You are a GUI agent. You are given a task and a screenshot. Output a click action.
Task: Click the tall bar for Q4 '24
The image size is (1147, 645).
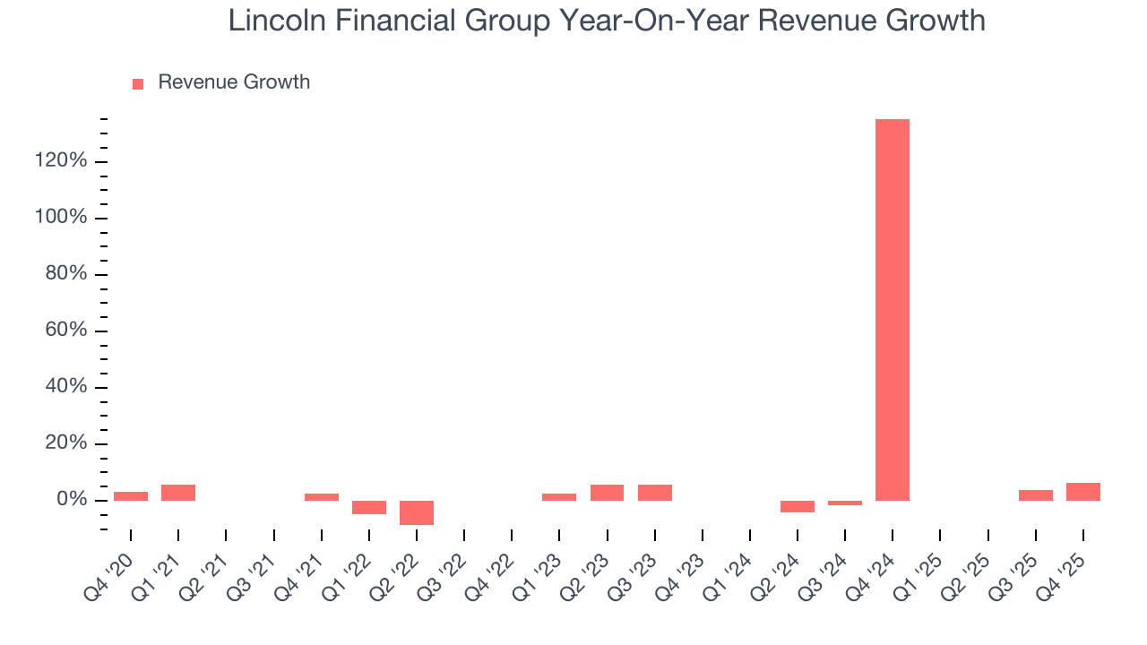(893, 309)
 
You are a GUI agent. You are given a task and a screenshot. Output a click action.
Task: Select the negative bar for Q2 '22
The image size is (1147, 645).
(417, 512)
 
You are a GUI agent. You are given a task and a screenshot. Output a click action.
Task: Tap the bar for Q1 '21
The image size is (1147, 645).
(178, 493)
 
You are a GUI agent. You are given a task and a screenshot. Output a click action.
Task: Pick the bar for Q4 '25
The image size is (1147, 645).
(1083, 492)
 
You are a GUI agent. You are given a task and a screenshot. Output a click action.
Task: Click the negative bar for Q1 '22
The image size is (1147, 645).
(369, 507)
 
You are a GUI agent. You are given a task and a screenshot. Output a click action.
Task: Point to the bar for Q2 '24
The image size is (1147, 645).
(798, 506)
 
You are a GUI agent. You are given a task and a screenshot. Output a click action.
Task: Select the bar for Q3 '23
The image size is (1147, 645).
(655, 493)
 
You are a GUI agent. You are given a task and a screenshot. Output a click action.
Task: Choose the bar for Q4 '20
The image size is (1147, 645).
(131, 496)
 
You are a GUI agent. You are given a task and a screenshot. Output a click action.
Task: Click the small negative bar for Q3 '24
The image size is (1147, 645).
(845, 503)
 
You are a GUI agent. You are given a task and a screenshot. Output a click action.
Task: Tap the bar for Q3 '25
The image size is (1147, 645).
(1036, 495)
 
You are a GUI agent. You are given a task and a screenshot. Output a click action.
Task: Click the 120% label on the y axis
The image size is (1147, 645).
(62, 161)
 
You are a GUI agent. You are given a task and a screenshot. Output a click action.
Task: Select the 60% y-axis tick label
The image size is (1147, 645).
(66, 331)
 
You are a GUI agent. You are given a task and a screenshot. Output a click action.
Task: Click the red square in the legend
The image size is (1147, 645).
(138, 84)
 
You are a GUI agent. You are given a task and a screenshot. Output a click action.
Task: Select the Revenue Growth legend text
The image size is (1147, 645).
(234, 82)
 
